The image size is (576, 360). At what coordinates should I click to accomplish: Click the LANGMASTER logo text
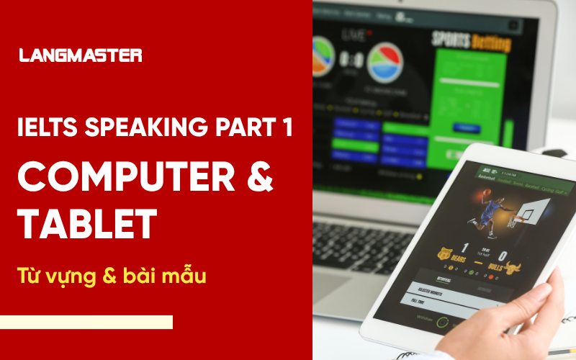(80, 55)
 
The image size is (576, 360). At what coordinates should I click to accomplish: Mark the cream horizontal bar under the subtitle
(86, 322)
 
